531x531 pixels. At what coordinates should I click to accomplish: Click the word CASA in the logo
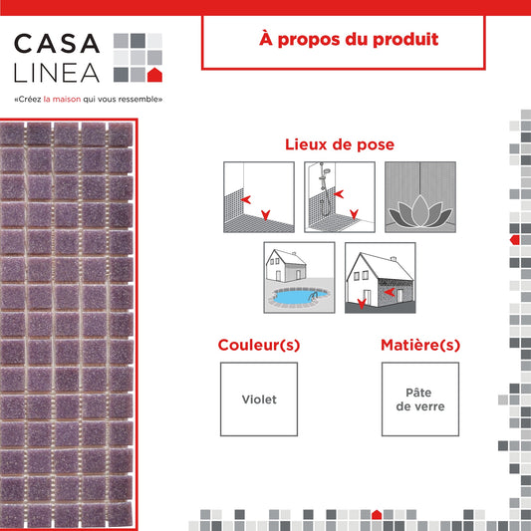(x=57, y=43)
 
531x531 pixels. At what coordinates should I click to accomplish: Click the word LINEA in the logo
(x=57, y=73)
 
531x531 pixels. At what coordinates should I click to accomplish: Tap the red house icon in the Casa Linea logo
(x=154, y=75)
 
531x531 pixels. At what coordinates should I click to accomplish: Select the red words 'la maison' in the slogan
(x=63, y=100)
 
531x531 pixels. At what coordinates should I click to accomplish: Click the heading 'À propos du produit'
(x=349, y=39)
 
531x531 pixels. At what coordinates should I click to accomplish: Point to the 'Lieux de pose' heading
(x=340, y=144)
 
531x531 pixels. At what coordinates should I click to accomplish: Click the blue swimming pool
(x=299, y=296)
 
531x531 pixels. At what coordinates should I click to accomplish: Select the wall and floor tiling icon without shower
(x=259, y=197)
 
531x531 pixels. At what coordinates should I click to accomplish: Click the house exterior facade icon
(x=381, y=278)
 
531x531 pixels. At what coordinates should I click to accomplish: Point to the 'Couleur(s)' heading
(x=259, y=345)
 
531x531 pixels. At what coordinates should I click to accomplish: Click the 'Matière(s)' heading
(x=420, y=345)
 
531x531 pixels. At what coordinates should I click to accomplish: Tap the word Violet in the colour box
(x=259, y=399)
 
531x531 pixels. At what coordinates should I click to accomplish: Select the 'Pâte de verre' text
(x=420, y=399)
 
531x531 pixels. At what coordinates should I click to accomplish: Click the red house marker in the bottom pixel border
(x=377, y=514)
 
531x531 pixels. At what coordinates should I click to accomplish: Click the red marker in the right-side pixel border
(x=515, y=240)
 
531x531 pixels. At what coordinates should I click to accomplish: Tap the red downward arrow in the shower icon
(x=354, y=214)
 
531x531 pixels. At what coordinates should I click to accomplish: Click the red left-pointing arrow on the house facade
(x=390, y=292)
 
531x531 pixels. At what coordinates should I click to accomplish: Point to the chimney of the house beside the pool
(x=294, y=254)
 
